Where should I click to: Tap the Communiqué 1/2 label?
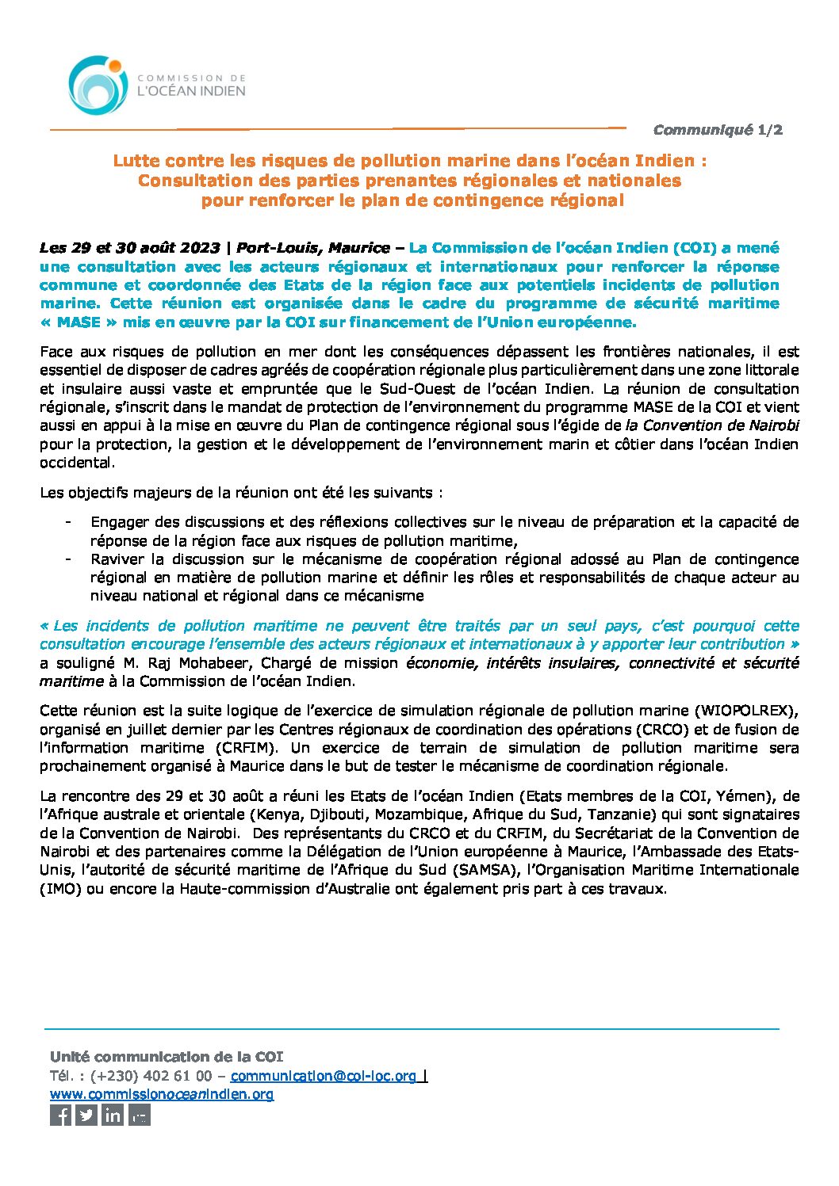(718, 130)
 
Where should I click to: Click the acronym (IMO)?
(60, 888)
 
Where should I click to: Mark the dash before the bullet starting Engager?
(69, 522)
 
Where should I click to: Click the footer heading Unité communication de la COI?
(166, 1057)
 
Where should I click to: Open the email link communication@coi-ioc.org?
(323, 1076)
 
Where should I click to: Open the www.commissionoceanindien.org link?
(162, 1094)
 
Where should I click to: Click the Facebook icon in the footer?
(60, 1115)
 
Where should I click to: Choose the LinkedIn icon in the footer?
(113, 1115)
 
